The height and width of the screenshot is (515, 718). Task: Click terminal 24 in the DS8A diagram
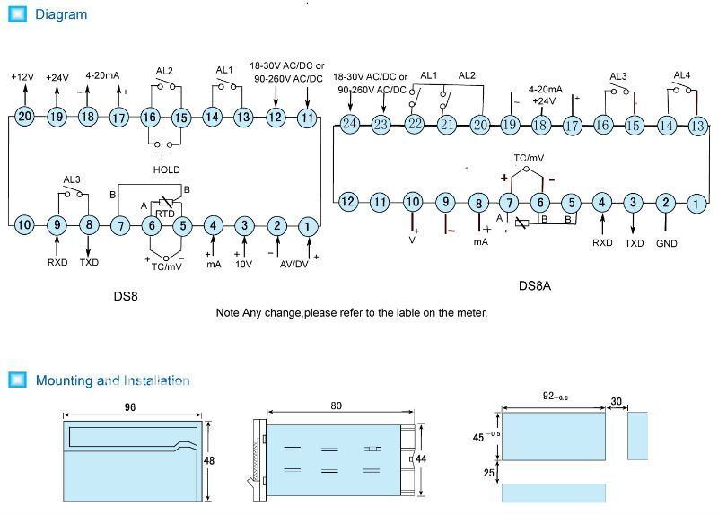click(x=349, y=125)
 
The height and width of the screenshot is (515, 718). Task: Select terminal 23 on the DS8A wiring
click(x=381, y=125)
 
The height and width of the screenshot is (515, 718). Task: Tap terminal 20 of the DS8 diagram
click(x=24, y=117)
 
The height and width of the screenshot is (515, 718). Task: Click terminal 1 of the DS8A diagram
click(x=696, y=204)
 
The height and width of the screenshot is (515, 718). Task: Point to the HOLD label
click(x=166, y=170)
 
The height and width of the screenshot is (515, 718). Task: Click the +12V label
click(x=22, y=77)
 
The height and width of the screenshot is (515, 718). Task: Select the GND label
click(x=666, y=243)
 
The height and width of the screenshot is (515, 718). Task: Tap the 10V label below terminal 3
click(x=244, y=264)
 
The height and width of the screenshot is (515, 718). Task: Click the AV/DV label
click(x=293, y=264)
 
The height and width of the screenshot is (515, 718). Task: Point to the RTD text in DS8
click(x=165, y=214)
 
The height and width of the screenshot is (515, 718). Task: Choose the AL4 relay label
click(x=683, y=75)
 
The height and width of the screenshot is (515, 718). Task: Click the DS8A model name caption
click(x=535, y=286)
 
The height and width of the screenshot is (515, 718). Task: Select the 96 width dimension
click(x=131, y=406)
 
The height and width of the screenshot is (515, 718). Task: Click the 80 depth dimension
click(x=336, y=406)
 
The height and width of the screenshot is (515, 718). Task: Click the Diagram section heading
click(x=61, y=14)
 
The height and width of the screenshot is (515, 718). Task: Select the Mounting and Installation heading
click(x=112, y=380)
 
